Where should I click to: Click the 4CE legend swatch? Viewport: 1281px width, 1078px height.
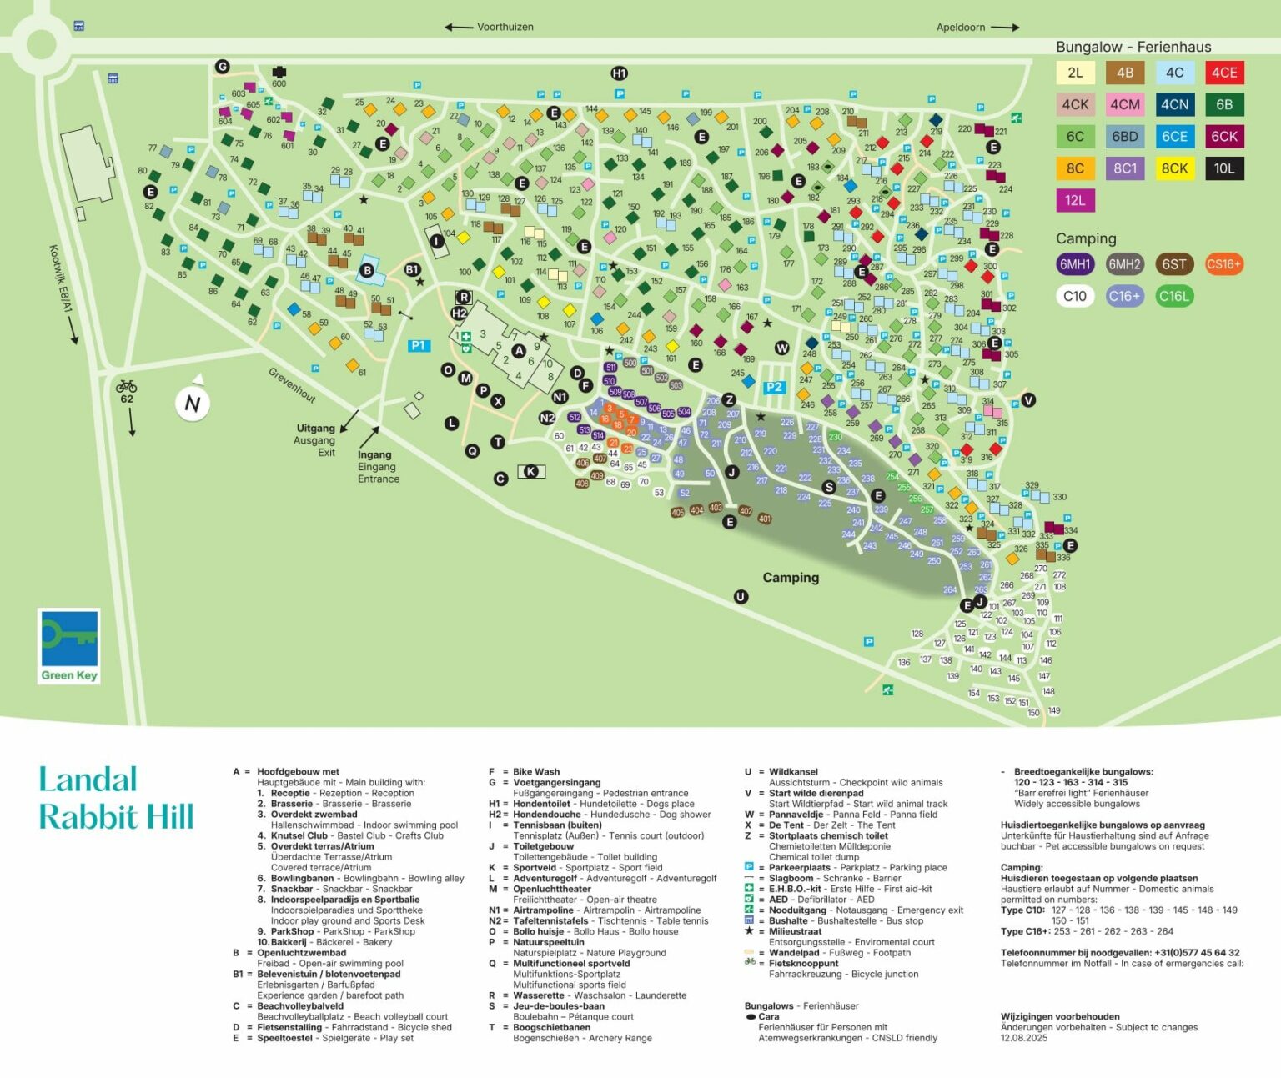[1223, 73]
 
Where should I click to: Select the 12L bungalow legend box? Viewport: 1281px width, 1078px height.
[1075, 200]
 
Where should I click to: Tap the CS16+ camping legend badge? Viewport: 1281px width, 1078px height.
[1223, 264]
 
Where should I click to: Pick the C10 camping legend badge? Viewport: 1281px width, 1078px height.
[1075, 296]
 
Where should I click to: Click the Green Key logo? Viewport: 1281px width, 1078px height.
[69, 646]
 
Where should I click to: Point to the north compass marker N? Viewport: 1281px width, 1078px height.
[192, 404]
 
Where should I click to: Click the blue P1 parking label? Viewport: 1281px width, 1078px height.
[418, 345]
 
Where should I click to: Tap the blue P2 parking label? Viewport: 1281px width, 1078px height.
[774, 387]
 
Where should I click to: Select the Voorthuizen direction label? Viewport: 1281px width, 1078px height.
[505, 27]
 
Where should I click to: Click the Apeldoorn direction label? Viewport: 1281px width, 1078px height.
[961, 27]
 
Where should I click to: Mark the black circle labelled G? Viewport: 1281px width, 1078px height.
[222, 67]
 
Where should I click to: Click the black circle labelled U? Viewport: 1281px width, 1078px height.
[741, 596]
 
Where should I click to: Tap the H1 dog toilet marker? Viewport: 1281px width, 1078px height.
[619, 73]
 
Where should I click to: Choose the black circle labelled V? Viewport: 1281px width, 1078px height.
[1028, 400]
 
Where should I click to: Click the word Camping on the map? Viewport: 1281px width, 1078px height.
[791, 578]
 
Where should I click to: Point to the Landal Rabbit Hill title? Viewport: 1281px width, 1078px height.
[116, 799]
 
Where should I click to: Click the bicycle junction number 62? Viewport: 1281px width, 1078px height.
[127, 399]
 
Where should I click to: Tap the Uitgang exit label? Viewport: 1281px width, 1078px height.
[315, 439]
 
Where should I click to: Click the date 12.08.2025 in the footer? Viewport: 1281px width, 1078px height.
[1024, 1038]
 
